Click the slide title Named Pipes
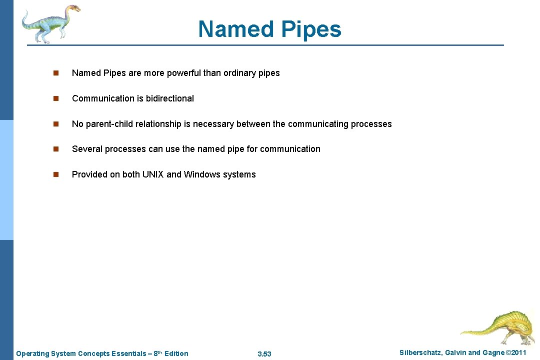[x=269, y=29]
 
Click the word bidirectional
[x=169, y=98]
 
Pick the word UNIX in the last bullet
[x=153, y=174]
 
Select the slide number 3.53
[x=264, y=354]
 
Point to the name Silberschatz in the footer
[x=420, y=353]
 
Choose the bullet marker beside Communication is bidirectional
[x=56, y=98]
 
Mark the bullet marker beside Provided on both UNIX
[x=56, y=174]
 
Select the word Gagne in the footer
[x=492, y=353]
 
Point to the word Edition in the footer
[x=176, y=353]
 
